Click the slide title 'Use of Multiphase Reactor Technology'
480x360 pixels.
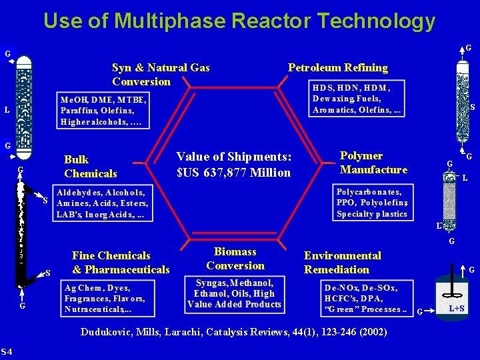pos(239,21)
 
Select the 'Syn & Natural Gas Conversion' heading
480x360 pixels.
pos(161,74)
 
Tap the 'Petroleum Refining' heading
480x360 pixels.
pos(337,67)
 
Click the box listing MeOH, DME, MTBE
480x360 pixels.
pos(103,110)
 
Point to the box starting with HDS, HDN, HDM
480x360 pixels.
pos(357,98)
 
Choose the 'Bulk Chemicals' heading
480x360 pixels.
pos(90,166)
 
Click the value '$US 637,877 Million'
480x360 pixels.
pos(233,173)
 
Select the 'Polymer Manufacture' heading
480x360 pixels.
pos(373,162)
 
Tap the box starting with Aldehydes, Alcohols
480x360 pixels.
pos(103,203)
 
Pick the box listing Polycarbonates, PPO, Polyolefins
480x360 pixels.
pos(372,202)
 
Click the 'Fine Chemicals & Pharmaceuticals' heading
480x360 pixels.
pos(121,262)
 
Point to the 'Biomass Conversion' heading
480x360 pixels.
pos(235,258)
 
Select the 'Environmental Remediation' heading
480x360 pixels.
pos(343,262)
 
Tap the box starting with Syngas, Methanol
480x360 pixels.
pos(234,293)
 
